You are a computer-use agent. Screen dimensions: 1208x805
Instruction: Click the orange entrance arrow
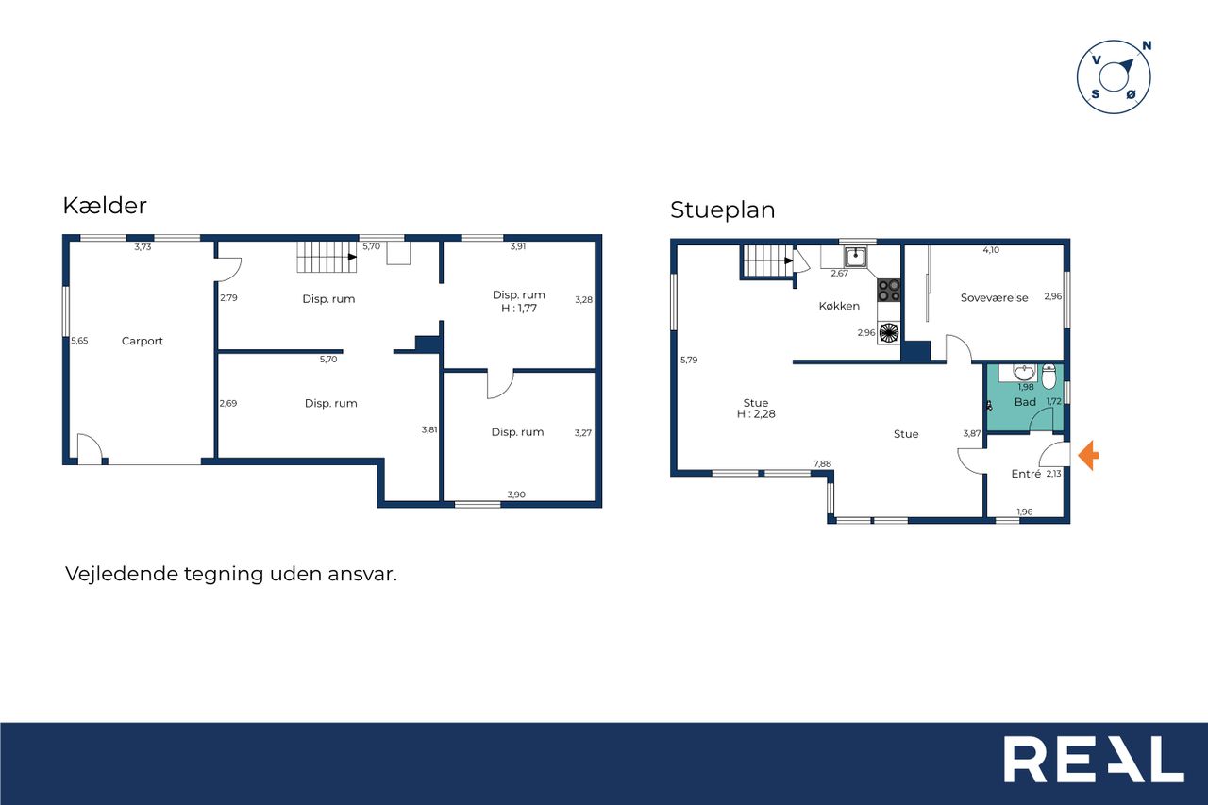pos(1088,455)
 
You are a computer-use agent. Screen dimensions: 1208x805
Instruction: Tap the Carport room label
pos(143,341)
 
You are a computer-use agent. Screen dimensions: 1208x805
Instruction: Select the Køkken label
pos(839,306)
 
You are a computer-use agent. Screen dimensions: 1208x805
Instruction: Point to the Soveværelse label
pos(994,297)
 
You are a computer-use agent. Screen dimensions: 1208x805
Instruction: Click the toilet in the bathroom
pos(1049,377)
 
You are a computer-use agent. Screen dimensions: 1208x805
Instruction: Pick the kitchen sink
pos(855,257)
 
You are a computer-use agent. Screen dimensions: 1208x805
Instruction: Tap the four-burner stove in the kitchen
pos(889,290)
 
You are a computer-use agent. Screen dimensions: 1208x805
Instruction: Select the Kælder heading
pos(105,206)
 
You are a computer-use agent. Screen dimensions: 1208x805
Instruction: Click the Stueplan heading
pos(723,210)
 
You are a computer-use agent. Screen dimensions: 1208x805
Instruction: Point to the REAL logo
pos(1094,759)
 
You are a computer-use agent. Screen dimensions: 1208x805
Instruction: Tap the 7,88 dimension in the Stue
pos(822,463)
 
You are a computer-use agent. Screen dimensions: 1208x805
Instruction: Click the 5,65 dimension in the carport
pos(79,341)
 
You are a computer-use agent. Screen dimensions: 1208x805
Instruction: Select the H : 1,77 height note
pos(519,309)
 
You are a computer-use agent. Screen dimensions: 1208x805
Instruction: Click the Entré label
pos(1026,474)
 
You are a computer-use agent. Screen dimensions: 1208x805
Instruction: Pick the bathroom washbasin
pos(1023,372)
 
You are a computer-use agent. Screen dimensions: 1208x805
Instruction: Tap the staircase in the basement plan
pos(327,257)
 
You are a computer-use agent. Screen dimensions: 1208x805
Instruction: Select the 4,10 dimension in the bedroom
pos(991,250)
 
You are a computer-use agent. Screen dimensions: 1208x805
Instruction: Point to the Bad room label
pos(1025,402)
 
